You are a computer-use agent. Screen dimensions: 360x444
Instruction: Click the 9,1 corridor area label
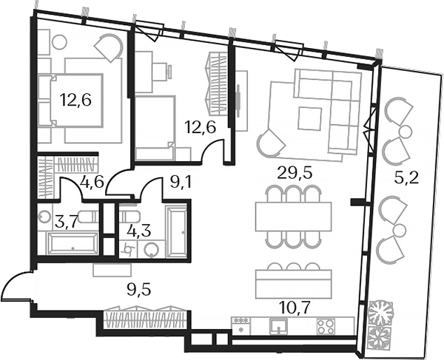click(180, 182)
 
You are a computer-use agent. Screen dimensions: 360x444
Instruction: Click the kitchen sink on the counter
click(278, 325)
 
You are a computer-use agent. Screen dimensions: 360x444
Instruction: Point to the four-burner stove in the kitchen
click(326, 325)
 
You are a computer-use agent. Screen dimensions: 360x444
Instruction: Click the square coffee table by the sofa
click(310, 117)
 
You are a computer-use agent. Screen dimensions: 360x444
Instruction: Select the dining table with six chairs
click(287, 216)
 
